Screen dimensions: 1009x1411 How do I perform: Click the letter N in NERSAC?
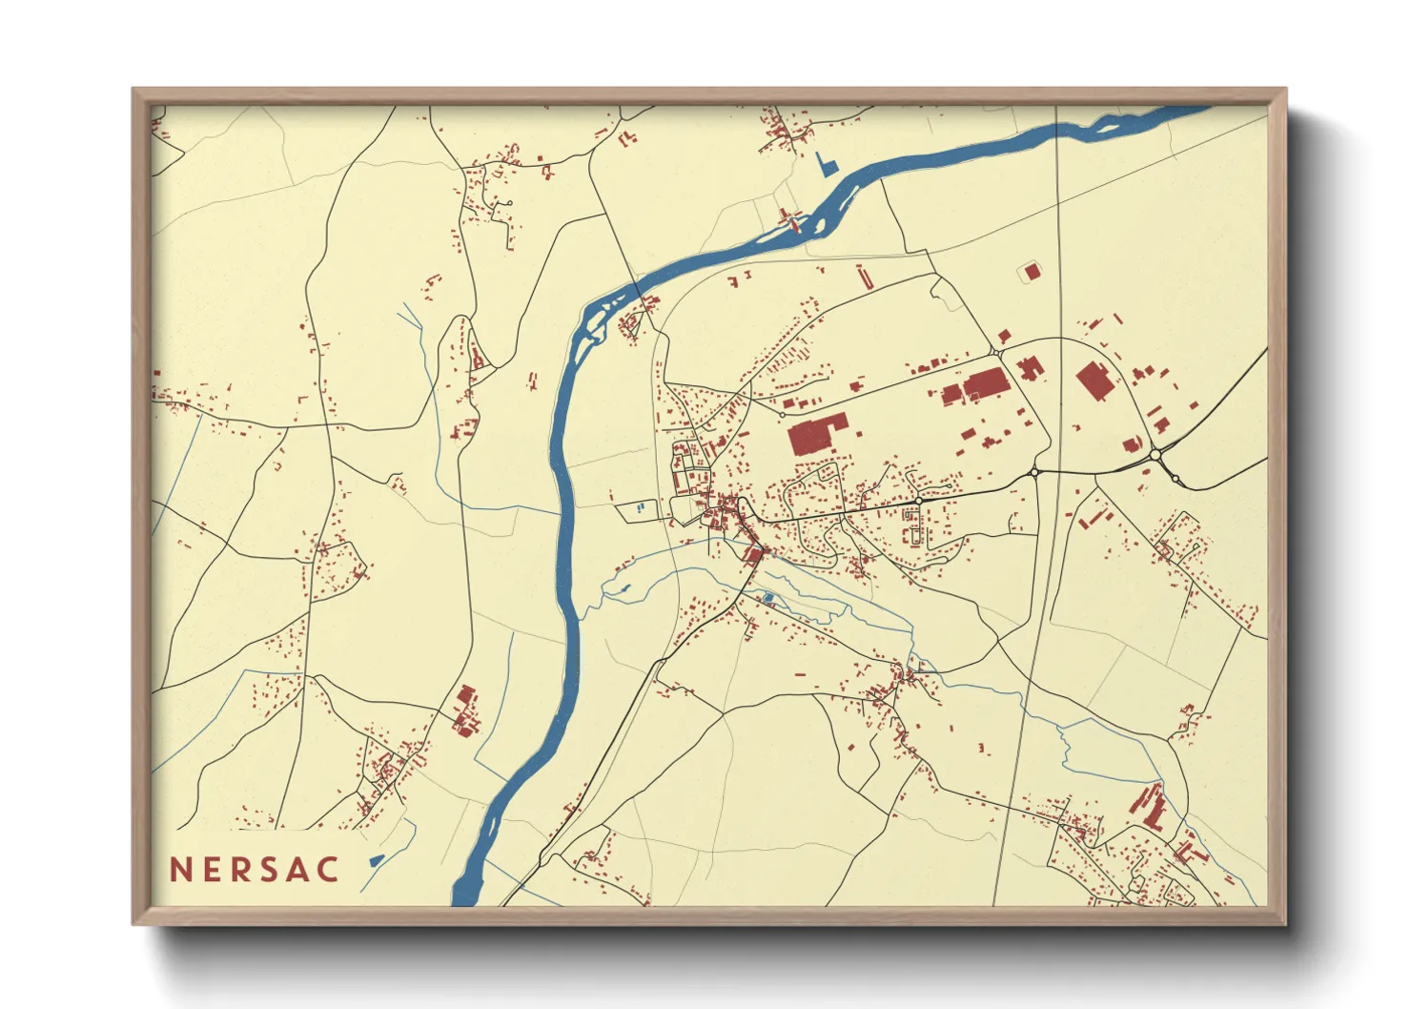[x=180, y=870]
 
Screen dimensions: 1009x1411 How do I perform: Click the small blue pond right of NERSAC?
[x=377, y=860]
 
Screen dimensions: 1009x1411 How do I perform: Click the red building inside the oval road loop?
[x=1094, y=381]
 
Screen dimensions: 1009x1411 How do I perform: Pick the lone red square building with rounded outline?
[x=1032, y=273]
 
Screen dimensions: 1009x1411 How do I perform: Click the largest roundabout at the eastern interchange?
[x=1155, y=455]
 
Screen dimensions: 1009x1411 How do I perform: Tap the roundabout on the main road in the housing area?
[x=918, y=501]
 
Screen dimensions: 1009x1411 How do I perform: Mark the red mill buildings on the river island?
[x=790, y=221]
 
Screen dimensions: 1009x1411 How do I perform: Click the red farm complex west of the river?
[x=465, y=712]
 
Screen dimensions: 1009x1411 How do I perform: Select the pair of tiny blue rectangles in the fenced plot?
[x=641, y=507]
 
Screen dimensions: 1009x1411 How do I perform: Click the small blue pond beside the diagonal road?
[x=768, y=598]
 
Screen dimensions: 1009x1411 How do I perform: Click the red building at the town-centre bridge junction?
[x=753, y=554]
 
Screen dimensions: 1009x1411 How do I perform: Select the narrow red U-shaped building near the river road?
[x=865, y=278]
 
